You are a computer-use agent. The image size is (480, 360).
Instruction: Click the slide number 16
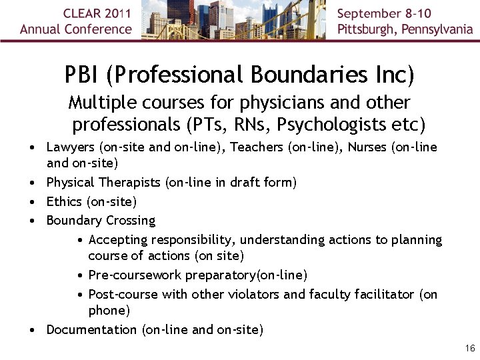[x=470, y=349]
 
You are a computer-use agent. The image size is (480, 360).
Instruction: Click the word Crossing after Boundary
[x=131, y=221]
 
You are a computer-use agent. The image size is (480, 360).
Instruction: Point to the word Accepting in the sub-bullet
[x=118, y=240]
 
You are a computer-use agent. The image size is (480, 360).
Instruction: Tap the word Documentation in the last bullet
[x=91, y=329]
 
